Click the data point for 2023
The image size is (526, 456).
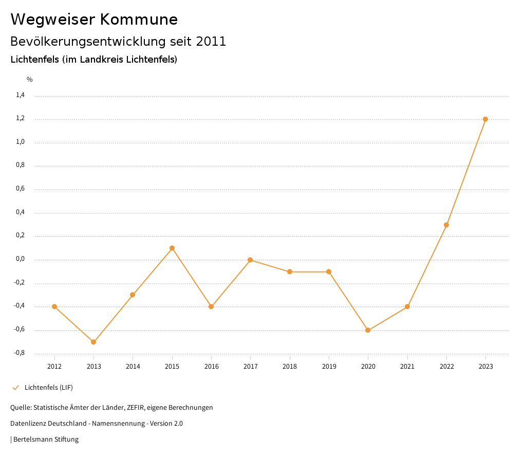pos(485,119)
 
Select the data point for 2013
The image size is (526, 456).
pos(93,342)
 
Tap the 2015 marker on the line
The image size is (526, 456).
pos(172,248)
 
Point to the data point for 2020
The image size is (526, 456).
pos(368,330)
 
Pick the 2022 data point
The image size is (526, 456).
pos(446,225)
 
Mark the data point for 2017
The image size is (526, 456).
pos(250,260)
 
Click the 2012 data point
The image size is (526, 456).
pos(54,307)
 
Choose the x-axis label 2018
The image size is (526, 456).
pos(290,367)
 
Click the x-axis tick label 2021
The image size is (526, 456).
pos(407,367)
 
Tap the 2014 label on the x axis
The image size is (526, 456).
pos(133,367)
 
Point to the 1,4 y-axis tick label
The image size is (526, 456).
pos(20,95)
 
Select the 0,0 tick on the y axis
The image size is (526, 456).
pos(20,259)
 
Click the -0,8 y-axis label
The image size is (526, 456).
pos(19,353)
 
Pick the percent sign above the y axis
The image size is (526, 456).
pos(30,80)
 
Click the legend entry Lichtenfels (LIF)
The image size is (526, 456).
pos(49,387)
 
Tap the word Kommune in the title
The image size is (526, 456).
pos(139,20)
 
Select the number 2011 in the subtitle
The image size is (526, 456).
pos(211,42)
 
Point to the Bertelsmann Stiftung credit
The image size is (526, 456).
pos(46,440)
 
